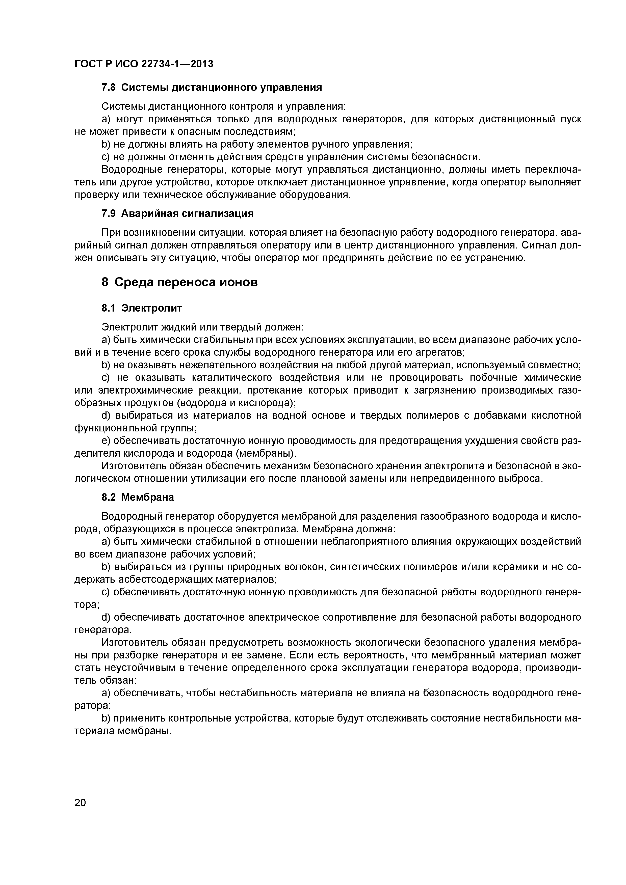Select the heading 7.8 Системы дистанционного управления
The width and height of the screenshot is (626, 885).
[x=211, y=88]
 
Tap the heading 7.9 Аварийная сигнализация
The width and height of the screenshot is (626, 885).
[x=177, y=213]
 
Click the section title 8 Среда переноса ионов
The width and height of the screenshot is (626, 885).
[x=179, y=283]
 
